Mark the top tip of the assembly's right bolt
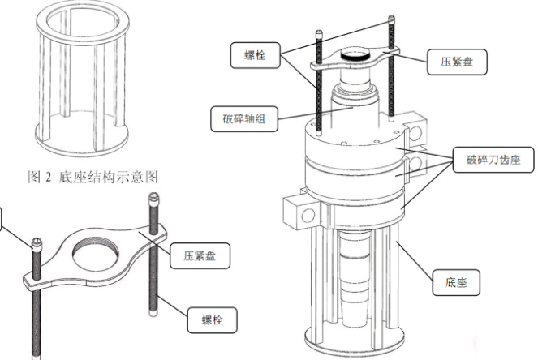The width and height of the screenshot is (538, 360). (x=393, y=19)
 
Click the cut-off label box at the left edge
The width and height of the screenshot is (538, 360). (x=2, y=218)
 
